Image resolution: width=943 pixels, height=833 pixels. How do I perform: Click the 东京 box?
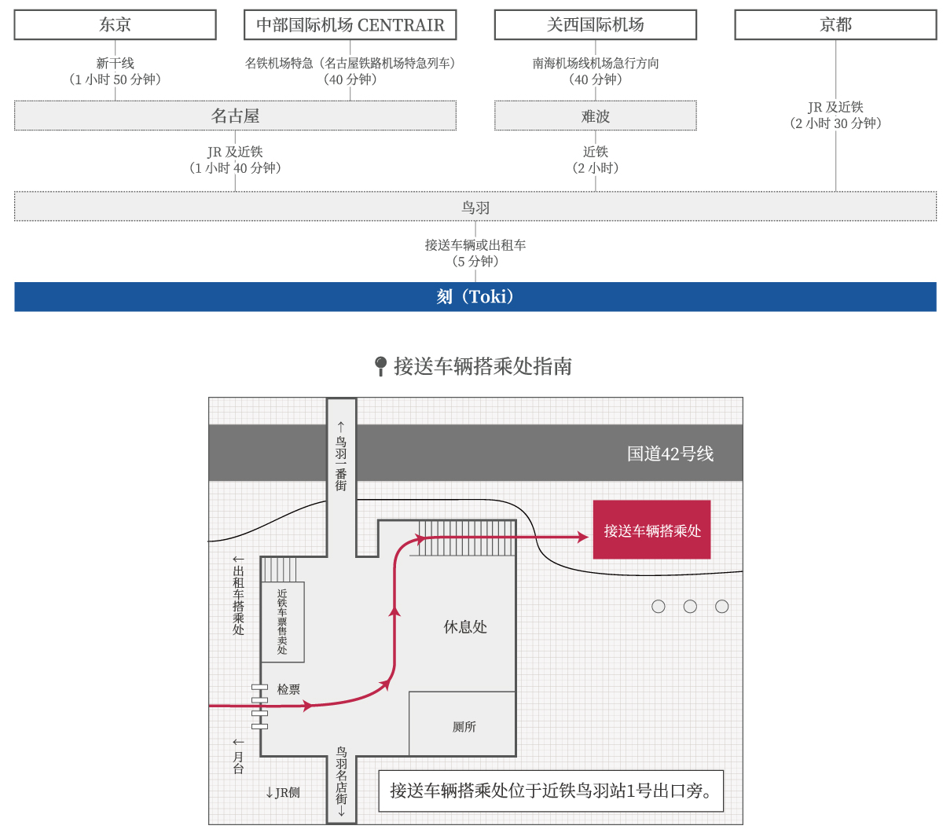click(x=115, y=24)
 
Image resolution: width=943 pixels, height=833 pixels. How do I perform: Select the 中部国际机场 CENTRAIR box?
click(x=350, y=24)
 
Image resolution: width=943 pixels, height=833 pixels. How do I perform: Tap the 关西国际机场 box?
click(x=596, y=24)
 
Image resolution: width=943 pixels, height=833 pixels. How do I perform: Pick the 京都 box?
click(x=835, y=24)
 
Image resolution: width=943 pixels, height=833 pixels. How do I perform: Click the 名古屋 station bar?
click(x=235, y=116)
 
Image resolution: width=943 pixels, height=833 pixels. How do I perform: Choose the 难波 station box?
click(x=596, y=116)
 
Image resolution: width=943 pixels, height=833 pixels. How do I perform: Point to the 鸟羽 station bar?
click(x=475, y=206)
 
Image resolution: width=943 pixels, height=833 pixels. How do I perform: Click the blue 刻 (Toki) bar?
click(x=475, y=296)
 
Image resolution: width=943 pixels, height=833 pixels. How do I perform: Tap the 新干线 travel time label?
click(x=115, y=72)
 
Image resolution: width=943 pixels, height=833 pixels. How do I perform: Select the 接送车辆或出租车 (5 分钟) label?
click(x=475, y=253)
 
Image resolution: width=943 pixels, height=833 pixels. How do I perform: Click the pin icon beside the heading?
click(x=381, y=366)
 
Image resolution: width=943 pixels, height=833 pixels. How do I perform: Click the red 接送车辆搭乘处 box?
click(x=651, y=530)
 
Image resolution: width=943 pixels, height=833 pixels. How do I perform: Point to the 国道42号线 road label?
click(x=670, y=453)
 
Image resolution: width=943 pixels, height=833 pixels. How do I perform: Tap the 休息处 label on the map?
click(x=465, y=627)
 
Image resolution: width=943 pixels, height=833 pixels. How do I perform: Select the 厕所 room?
click(x=462, y=723)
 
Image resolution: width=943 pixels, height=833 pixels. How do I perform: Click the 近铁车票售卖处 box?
click(x=283, y=622)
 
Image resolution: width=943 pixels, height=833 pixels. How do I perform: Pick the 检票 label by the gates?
click(x=288, y=689)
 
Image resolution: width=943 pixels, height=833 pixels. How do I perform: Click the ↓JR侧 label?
click(x=283, y=792)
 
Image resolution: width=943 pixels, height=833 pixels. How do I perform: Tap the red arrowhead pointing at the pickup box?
click(x=583, y=537)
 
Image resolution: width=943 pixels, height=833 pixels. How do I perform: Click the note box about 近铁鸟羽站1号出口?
click(x=551, y=791)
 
